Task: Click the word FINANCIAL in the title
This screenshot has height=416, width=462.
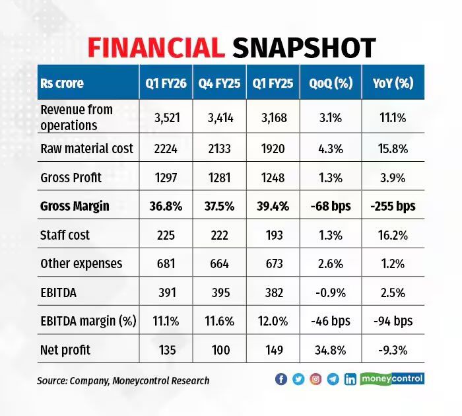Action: pyautogui.click(x=154, y=48)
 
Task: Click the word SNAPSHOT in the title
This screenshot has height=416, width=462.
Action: pyautogui.click(x=304, y=48)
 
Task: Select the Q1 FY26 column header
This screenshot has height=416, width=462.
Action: pyautogui.click(x=165, y=83)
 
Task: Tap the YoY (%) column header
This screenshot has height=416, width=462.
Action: pyautogui.click(x=393, y=83)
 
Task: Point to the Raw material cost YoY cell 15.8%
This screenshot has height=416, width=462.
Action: pyautogui.click(x=393, y=149)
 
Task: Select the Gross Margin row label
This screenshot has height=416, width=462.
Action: pyautogui.click(x=75, y=206)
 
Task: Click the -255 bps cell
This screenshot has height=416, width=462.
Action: pyautogui.click(x=393, y=206)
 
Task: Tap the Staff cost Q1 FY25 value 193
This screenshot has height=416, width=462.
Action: pyautogui.click(x=273, y=235)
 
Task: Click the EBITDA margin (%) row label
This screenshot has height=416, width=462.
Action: pyautogui.click(x=88, y=321)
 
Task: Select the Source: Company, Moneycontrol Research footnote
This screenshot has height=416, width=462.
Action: pyautogui.click(x=123, y=380)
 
